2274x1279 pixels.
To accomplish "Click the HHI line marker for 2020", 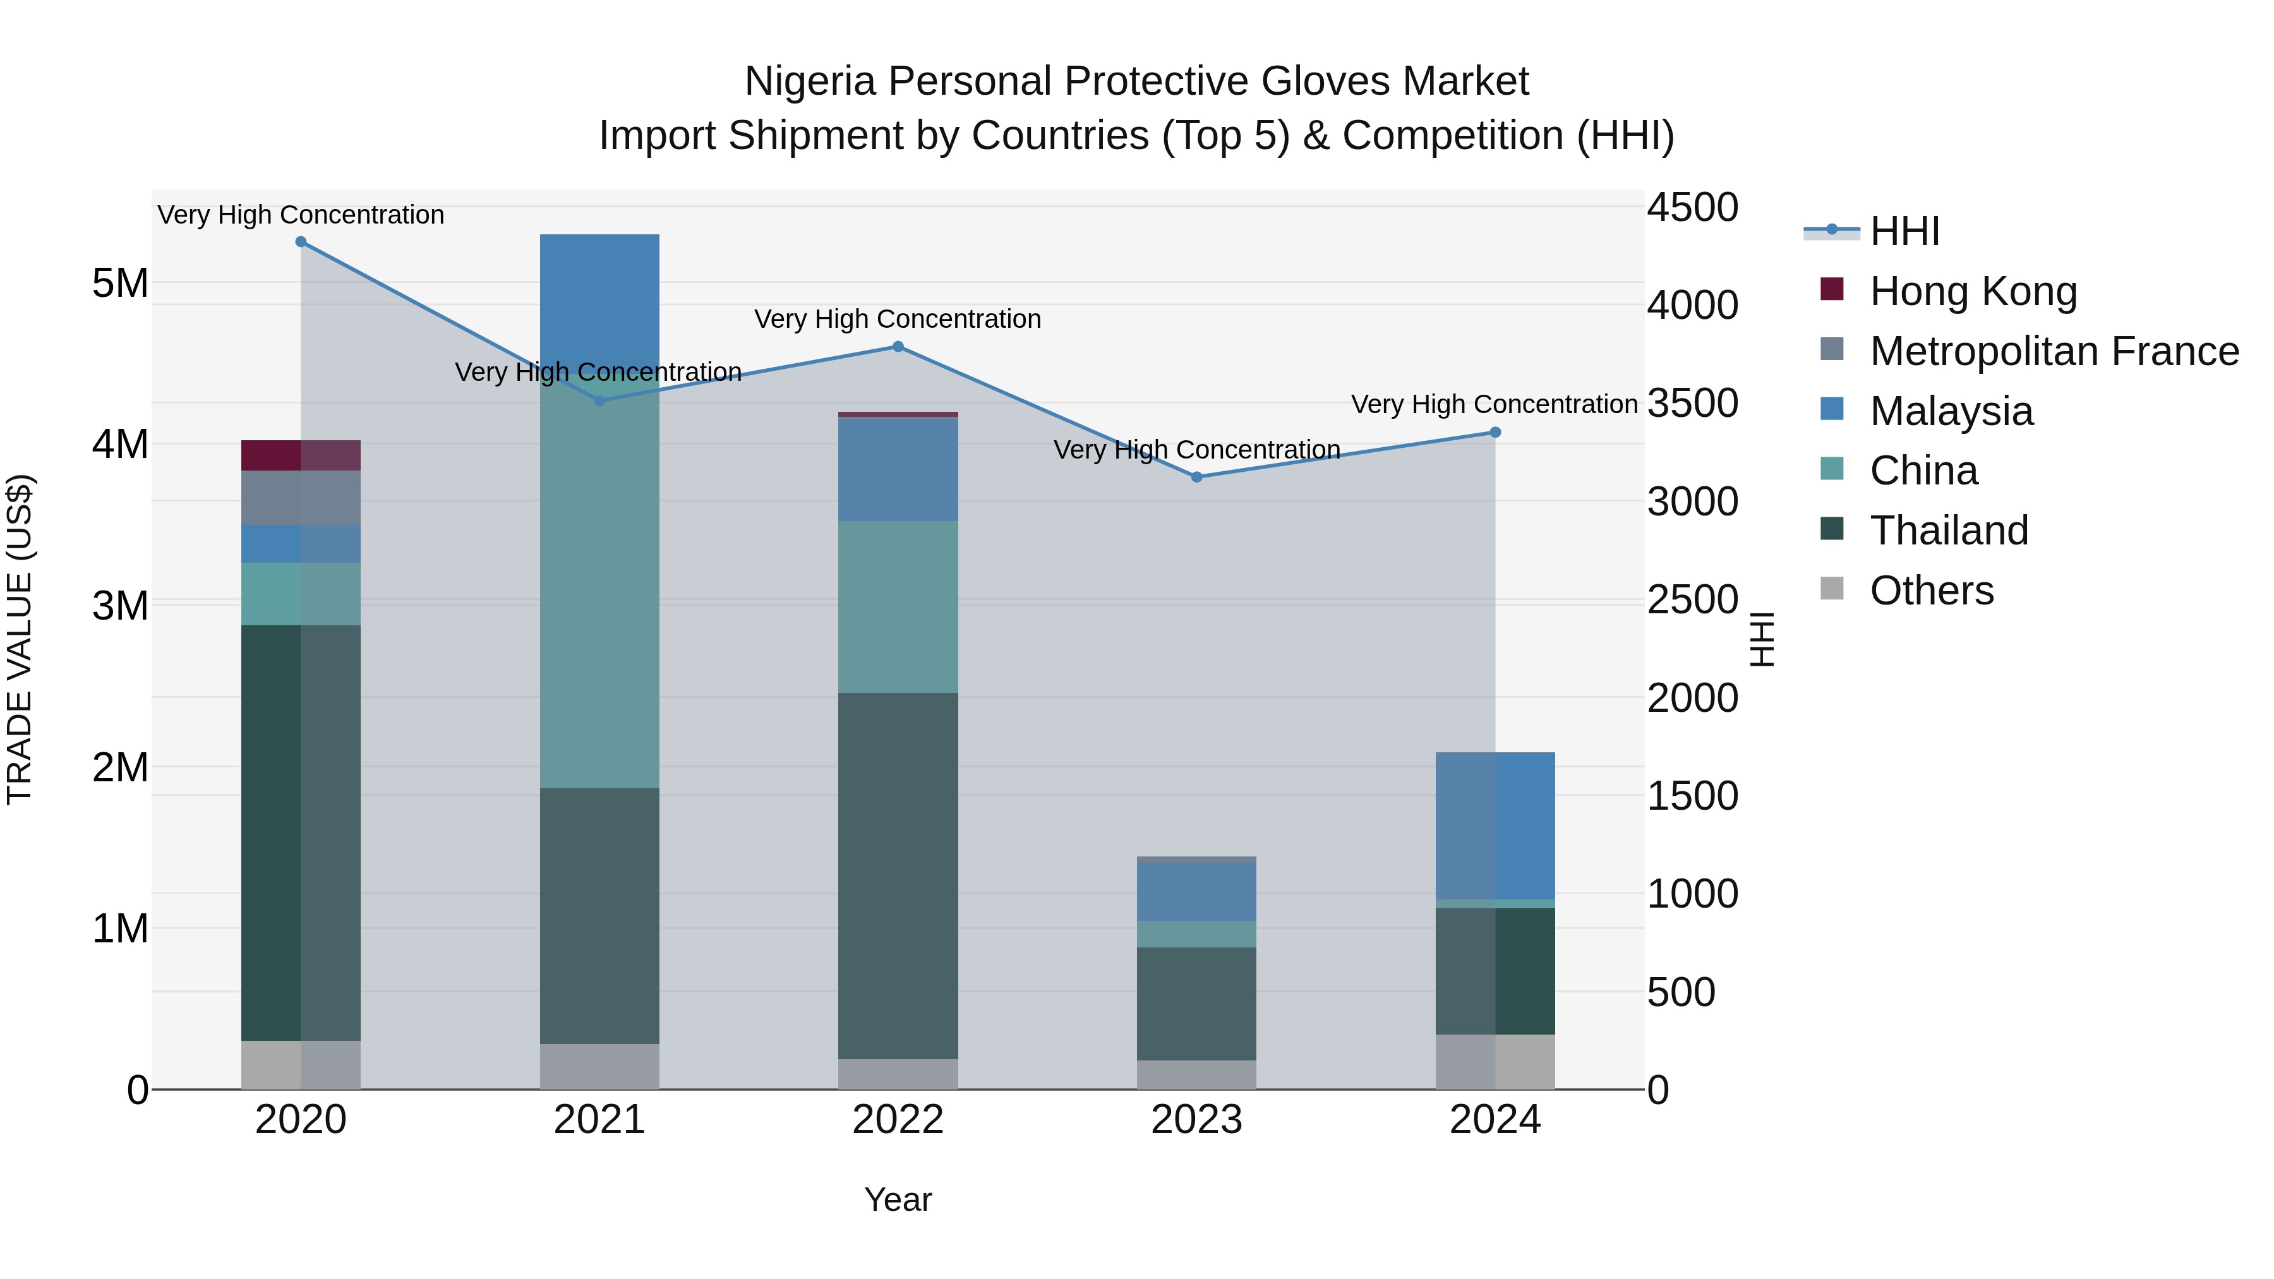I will click(301, 242).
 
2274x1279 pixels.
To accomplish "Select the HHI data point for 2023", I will click(1197, 477).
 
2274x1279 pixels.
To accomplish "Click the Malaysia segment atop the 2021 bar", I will click(599, 300).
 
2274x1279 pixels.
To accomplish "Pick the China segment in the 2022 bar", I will click(898, 607).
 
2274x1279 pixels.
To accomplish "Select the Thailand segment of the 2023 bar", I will click(1196, 1004).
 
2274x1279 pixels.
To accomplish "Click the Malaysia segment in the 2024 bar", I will click(1495, 826).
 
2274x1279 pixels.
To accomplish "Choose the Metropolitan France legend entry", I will click(2054, 351).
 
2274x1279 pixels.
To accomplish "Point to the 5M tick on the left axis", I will click(120, 284).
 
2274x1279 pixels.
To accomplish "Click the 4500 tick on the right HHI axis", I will click(1692, 208).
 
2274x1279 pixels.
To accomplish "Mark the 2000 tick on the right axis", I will click(1692, 698).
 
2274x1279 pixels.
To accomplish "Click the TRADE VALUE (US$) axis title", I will click(20, 639).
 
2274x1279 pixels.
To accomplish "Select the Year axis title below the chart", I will click(898, 1199).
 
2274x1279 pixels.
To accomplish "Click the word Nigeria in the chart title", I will click(810, 81).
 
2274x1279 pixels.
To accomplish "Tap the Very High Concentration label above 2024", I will click(1494, 404).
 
